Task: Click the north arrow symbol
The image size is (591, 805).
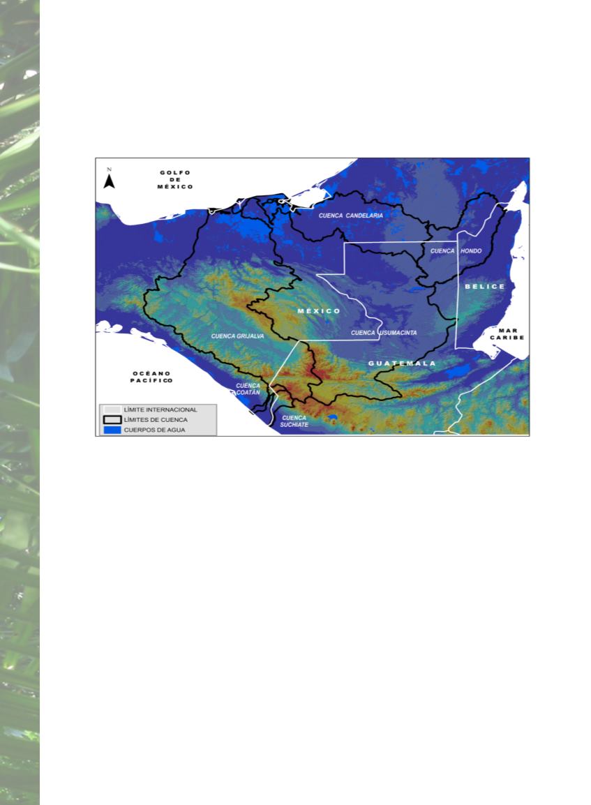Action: [109, 182]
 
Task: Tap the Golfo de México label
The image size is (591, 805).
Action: [175, 180]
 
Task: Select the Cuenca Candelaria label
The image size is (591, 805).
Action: [351, 216]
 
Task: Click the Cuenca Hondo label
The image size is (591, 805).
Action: [456, 251]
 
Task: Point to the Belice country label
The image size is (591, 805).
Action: [485, 287]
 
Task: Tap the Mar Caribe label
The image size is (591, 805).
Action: [507, 334]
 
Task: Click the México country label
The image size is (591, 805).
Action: [319, 311]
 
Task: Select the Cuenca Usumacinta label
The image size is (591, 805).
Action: [384, 333]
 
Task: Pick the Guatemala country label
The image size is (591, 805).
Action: [402, 363]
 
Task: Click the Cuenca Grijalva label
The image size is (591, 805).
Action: [238, 336]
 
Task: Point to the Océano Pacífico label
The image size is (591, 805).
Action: [151, 377]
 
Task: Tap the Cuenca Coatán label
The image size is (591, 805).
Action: [248, 389]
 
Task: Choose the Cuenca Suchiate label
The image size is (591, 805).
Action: [294, 421]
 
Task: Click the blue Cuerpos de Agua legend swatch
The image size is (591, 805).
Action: [112, 430]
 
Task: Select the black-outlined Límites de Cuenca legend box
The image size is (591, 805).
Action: [112, 420]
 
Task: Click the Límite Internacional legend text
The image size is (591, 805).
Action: [160, 409]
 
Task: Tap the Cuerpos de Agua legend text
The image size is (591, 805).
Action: [155, 430]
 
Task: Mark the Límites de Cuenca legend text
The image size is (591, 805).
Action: [156, 420]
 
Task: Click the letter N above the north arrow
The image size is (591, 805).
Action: [109, 170]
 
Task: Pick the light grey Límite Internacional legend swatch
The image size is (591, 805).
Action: [112, 409]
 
